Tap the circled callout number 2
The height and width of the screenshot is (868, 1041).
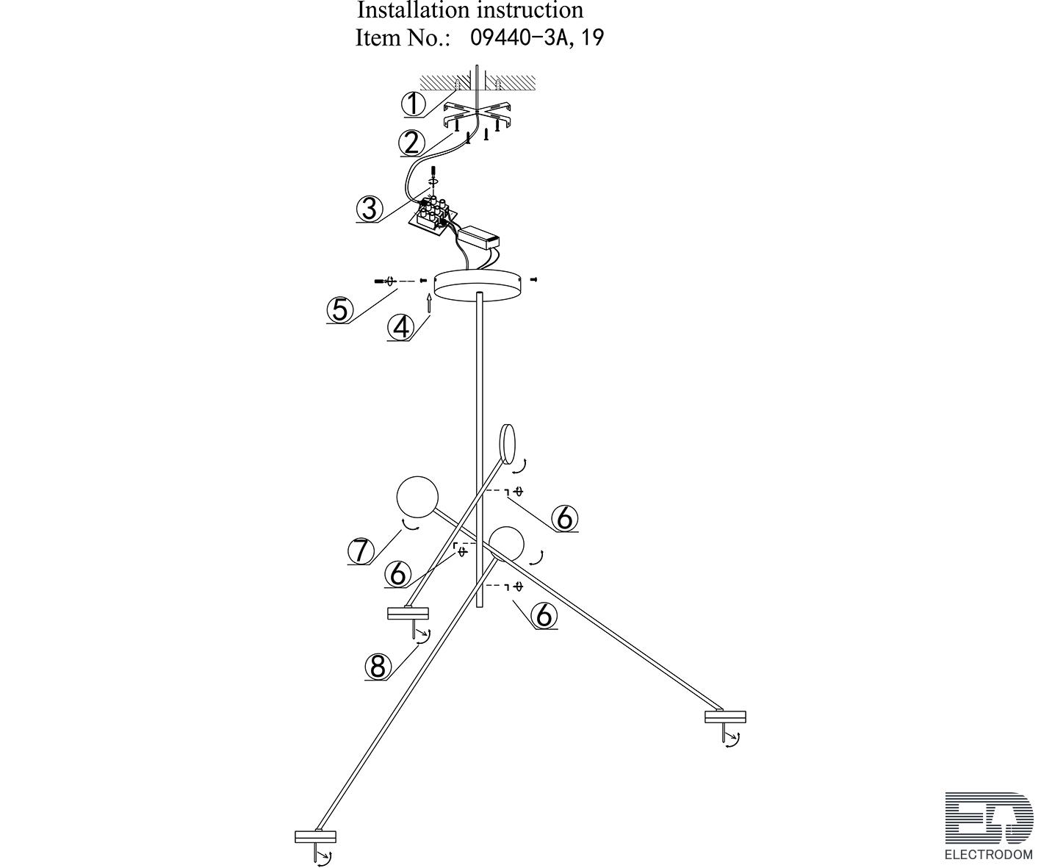411,143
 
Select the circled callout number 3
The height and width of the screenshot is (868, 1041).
369,209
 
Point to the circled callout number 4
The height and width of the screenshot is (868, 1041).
400,327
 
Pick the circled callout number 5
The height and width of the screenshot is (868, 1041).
339,309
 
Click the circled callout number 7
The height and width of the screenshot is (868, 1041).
360,550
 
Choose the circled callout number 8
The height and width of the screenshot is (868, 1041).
378,667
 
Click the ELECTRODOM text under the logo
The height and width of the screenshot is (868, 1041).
988,855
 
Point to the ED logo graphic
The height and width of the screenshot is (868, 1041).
988,817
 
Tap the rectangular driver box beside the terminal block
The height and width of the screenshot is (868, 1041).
478,237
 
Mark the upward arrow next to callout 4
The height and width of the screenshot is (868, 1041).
428,304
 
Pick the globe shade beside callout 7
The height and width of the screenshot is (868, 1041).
417,497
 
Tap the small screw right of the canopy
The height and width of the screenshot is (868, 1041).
535,279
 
